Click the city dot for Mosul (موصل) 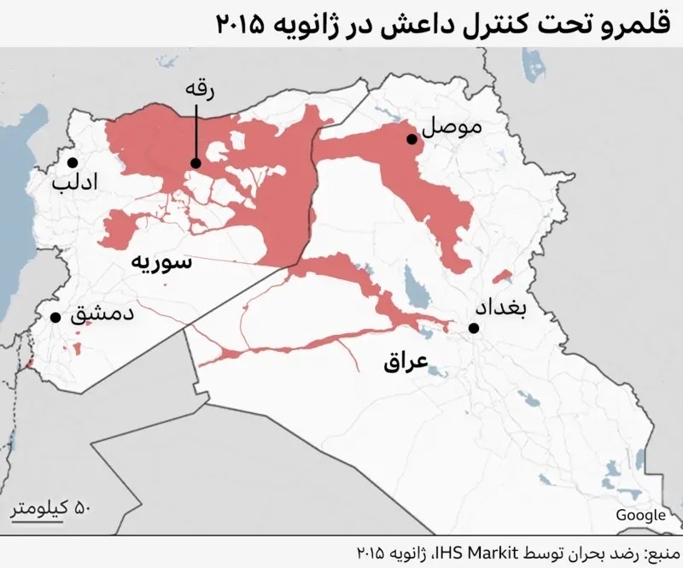412,139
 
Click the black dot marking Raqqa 196,162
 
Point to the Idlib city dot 73,162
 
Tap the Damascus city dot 55,317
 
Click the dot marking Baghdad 473,328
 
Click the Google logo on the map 639,514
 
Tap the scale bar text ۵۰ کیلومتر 50,509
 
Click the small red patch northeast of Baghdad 503,277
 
